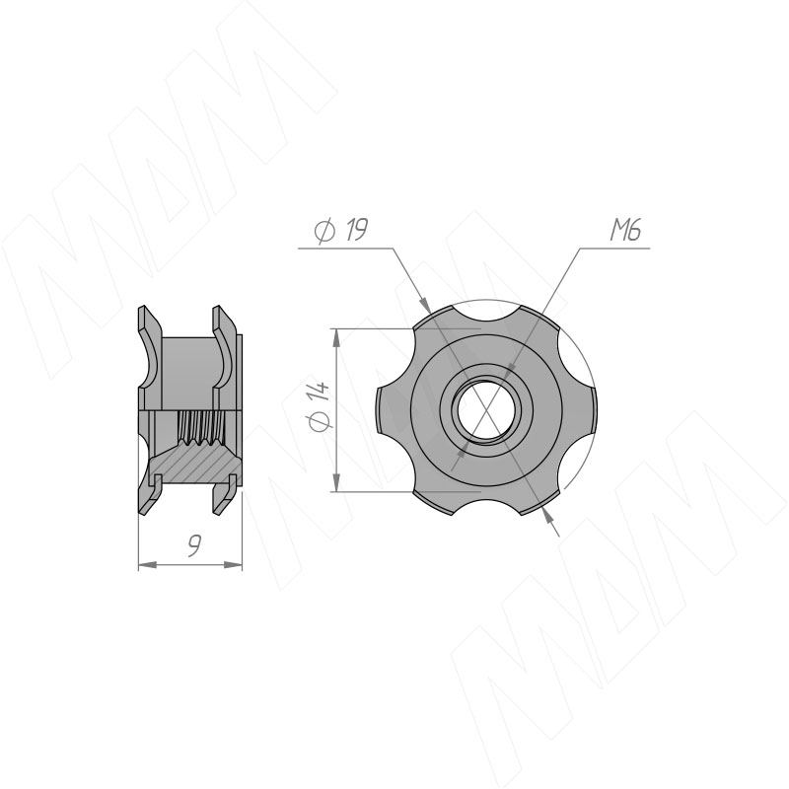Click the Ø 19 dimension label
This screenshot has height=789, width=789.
coord(340,231)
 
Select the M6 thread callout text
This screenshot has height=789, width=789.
coord(625,231)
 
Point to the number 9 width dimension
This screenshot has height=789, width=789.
coord(193,546)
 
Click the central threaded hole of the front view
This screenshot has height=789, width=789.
coord(485,409)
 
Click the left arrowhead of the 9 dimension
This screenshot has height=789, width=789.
coord(146,565)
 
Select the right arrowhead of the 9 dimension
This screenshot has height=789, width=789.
coord(234,565)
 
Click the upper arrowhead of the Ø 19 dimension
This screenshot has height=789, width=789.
coord(425,305)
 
